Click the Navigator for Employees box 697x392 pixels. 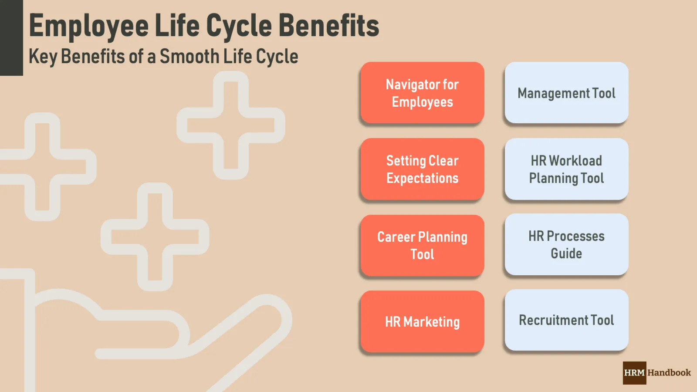[422, 93]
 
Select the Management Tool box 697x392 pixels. [566, 93]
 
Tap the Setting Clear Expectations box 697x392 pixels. [422, 169]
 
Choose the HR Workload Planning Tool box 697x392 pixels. [566, 169]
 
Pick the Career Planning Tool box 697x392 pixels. [422, 245]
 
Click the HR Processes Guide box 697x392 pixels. [566, 244]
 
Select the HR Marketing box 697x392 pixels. [422, 321]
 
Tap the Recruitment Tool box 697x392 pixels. [566, 320]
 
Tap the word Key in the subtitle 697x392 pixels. [43, 57]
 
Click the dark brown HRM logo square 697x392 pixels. [634, 373]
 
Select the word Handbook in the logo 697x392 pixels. [669, 373]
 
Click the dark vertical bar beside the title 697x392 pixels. [11, 38]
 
